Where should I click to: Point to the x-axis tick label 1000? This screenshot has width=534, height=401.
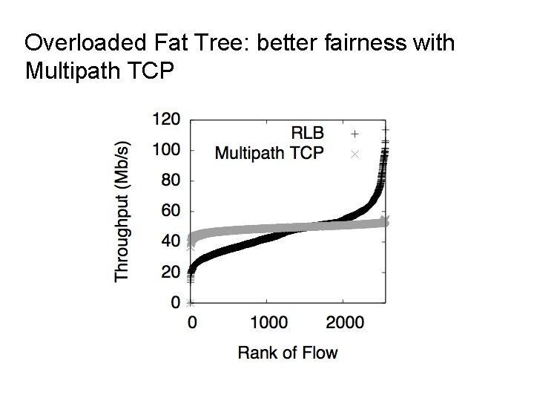[x=268, y=323]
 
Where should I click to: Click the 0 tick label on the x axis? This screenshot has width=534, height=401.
[x=192, y=323]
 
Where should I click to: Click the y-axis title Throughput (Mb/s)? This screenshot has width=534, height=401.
[x=122, y=210]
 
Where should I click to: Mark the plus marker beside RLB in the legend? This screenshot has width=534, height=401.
[x=355, y=134]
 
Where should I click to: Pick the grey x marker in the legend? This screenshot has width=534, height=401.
[x=355, y=154]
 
